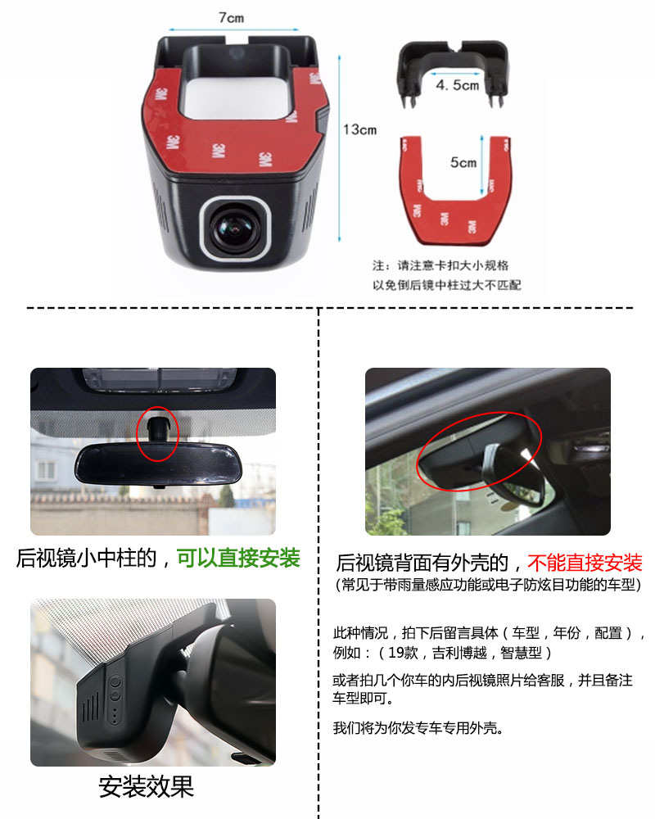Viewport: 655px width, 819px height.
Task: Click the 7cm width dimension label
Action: pos(231,18)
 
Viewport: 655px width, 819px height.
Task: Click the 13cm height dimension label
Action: pos(360,129)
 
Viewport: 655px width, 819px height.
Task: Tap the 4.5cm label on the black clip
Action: pos(458,84)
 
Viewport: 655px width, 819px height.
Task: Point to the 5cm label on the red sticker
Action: pos(463,162)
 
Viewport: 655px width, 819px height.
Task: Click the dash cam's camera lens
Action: pos(235,229)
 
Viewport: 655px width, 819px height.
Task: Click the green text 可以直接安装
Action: pos(239,558)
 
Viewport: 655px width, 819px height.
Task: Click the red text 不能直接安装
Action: pos(585,563)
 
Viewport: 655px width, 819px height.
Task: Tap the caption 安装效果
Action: pos(147,786)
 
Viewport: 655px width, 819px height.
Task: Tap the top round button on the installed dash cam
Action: pos(115,681)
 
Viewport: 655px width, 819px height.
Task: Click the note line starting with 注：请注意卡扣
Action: pos(440,265)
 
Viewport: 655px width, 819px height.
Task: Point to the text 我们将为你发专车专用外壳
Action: pos(418,727)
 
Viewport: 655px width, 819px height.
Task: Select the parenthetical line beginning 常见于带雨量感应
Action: pos(488,585)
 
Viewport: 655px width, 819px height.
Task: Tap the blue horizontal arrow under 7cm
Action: pos(233,29)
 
